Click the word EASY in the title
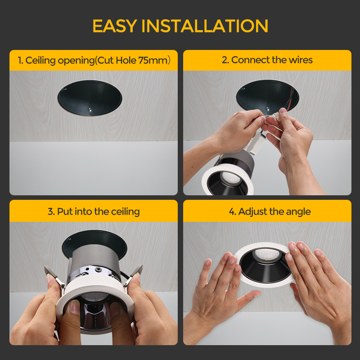coord(115,26)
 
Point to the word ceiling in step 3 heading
coord(126,212)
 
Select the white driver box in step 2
coord(257,143)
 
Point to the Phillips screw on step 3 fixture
coord(99,269)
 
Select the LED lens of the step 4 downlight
coord(267,255)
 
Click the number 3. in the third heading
coord(51,211)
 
